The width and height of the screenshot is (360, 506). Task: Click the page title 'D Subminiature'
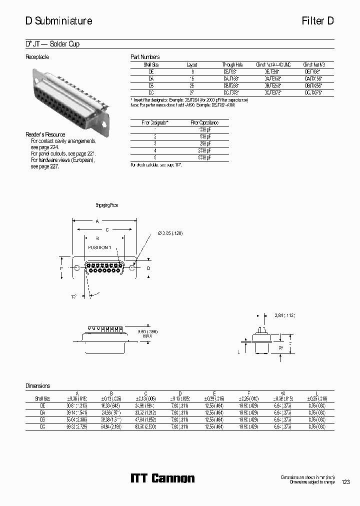[x=58, y=21]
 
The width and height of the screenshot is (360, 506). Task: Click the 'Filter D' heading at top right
[x=317, y=21]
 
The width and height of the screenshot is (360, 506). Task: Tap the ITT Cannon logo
[x=162, y=478]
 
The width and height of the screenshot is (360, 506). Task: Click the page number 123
[x=345, y=482]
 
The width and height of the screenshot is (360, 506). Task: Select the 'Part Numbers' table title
[x=145, y=57]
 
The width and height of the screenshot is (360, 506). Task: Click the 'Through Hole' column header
[x=232, y=64]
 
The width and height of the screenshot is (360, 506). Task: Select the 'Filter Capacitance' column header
[x=204, y=122]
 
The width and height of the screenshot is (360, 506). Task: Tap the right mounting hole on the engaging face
[x=132, y=268]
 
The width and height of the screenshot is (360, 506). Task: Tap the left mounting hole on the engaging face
[x=76, y=268]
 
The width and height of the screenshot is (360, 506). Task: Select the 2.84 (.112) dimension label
[x=285, y=315]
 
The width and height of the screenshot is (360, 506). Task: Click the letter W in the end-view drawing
[x=280, y=347]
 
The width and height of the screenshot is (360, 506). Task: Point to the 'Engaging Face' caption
[x=106, y=205]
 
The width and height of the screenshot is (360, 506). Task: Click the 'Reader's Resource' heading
[x=45, y=134]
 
